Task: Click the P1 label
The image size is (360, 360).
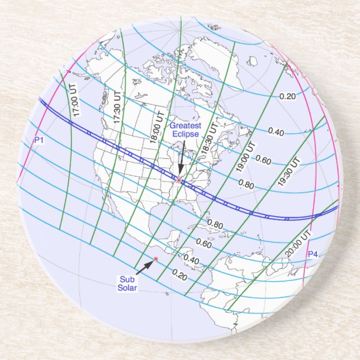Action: tap(39, 140)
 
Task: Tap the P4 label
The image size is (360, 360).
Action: tap(312, 254)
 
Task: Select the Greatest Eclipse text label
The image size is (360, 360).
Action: tap(184, 130)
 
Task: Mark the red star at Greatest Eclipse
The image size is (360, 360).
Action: tap(179, 181)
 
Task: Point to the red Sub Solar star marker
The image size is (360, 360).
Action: tap(156, 258)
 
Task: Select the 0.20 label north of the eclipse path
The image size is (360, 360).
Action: tap(287, 96)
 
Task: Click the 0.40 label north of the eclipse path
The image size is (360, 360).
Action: tap(276, 132)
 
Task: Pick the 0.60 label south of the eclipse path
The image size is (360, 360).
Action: tap(204, 244)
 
